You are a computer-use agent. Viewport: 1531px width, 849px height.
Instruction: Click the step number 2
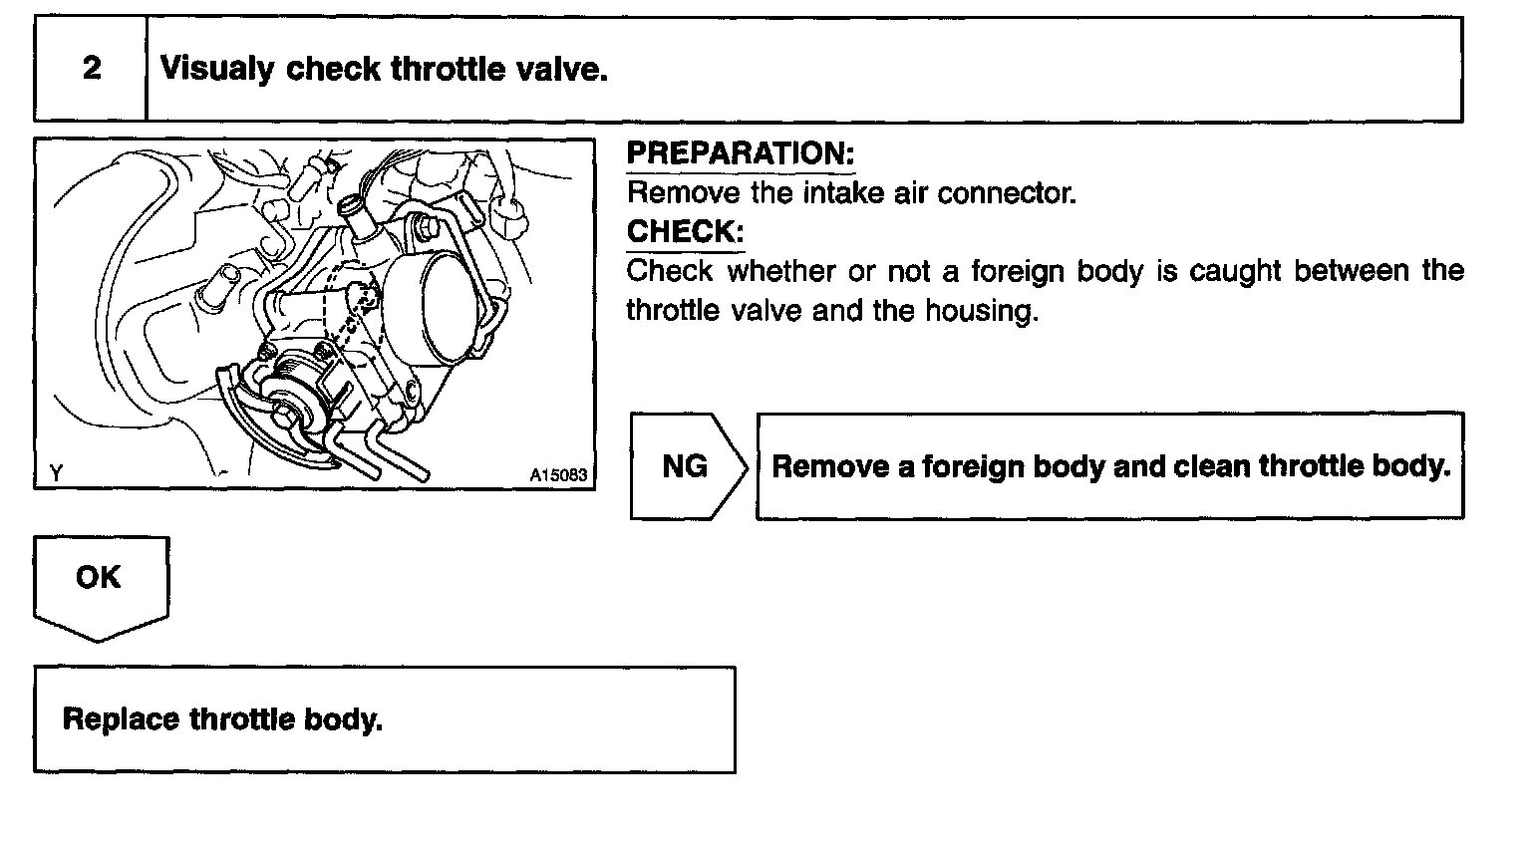(x=92, y=69)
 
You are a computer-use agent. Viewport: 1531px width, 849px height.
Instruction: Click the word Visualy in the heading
(x=216, y=70)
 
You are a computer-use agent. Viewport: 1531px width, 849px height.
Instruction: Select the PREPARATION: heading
(x=741, y=153)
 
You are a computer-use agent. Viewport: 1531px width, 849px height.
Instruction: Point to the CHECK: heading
(x=685, y=232)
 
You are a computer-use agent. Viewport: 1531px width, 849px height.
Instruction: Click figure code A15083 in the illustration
(x=558, y=475)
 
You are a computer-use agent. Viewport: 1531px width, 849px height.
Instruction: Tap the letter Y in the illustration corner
(x=56, y=474)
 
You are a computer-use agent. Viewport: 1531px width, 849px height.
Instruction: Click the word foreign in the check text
(x=1020, y=271)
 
